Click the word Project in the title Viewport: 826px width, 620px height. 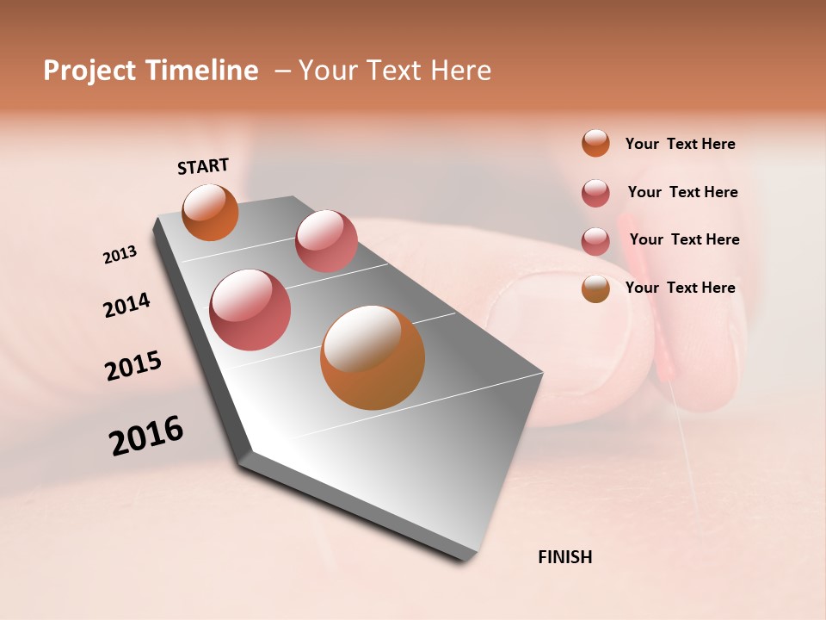point(87,71)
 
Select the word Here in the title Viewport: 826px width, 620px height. point(460,71)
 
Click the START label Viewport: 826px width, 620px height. point(203,166)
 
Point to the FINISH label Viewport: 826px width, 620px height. point(564,557)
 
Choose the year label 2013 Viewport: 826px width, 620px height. point(120,254)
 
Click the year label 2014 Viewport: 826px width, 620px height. point(127,306)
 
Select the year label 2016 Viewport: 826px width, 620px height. point(146,436)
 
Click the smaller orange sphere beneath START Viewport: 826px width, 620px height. point(211,213)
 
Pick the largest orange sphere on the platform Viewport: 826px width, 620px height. point(372,357)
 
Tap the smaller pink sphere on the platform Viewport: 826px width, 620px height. point(326,241)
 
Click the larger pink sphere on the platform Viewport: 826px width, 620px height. point(250,310)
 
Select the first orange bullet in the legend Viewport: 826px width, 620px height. point(595,143)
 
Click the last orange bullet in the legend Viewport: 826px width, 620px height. point(595,288)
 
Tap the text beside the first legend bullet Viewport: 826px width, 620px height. point(680,145)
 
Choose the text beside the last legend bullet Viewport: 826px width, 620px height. point(680,288)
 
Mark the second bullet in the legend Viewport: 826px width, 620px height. point(595,193)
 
